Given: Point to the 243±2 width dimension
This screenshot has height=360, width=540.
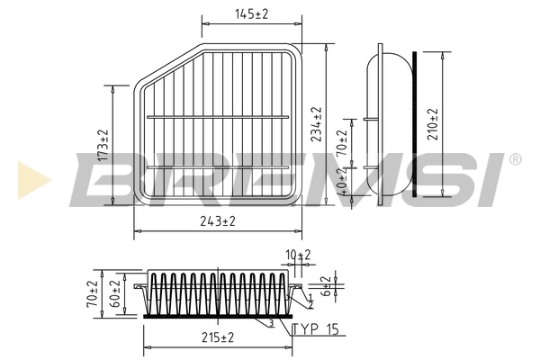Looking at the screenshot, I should [x=217, y=220].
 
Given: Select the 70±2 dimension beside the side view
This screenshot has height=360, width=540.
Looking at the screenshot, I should [x=342, y=147].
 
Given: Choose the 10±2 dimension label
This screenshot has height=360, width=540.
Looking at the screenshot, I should [x=298, y=256].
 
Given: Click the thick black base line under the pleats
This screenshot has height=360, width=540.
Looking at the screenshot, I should [x=216, y=315].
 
